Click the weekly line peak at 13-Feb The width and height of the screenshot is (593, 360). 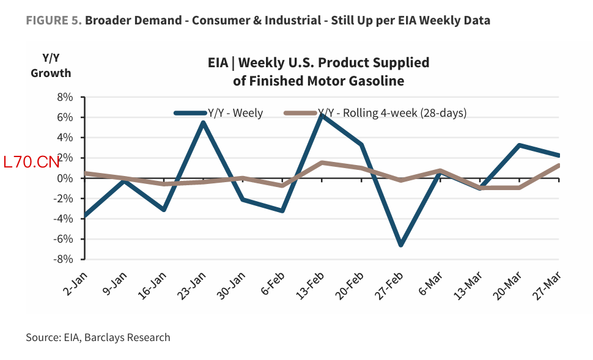[x=322, y=115]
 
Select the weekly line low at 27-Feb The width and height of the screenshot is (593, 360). [x=401, y=244]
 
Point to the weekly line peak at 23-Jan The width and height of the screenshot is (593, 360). [x=203, y=122]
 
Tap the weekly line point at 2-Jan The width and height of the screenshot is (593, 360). [x=85, y=216]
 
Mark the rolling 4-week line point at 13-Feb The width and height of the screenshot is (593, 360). [x=322, y=163]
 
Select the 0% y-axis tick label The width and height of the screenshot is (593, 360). [x=65, y=178]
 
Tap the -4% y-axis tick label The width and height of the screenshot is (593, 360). [x=64, y=219]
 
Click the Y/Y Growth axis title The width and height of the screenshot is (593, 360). [x=51, y=65]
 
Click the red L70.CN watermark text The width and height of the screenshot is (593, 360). [x=31, y=162]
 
